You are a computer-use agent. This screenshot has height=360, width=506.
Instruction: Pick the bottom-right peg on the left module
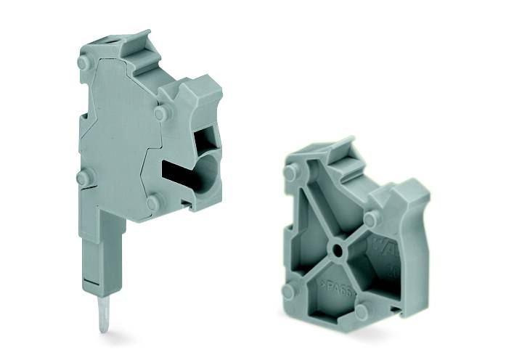click(152, 202)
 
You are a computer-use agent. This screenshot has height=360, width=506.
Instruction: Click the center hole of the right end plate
click(338, 254)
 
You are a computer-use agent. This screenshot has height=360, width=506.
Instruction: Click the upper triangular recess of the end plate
click(341, 203)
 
